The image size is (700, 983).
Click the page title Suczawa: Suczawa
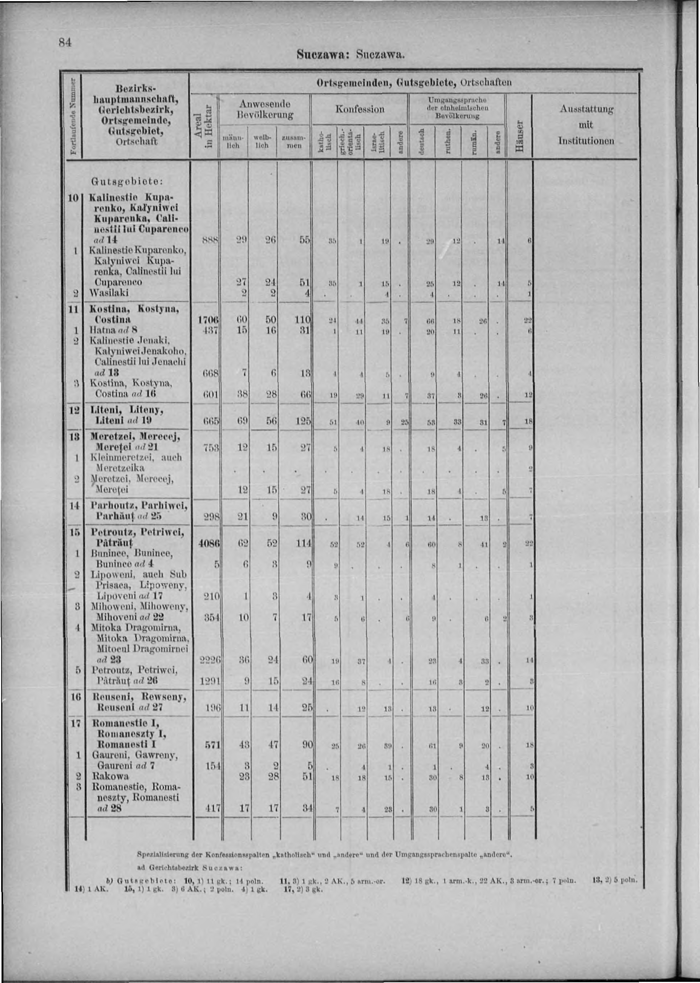pos(350,55)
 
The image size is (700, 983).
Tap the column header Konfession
pos(360,109)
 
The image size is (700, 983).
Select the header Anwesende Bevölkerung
pos(264,109)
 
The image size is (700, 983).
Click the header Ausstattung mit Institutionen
pos(586,125)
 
